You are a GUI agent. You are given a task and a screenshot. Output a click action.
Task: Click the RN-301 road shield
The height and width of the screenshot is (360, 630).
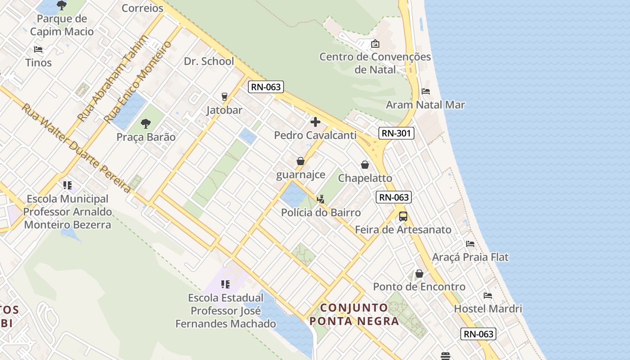click(396, 133)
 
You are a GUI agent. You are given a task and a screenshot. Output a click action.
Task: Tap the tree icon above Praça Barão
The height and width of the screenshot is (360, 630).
click(146, 123)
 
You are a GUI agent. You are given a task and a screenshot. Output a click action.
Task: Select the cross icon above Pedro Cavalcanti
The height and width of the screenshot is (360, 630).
click(315, 121)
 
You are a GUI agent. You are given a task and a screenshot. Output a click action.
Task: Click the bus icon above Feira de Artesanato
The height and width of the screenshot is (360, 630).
click(403, 216)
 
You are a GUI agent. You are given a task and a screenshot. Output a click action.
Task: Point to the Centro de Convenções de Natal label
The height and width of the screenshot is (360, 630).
click(375, 63)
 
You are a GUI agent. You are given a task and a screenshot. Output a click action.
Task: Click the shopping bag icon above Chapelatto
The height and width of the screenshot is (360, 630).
click(365, 165)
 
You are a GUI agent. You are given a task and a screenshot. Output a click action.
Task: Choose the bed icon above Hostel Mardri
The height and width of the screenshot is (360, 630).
click(488, 296)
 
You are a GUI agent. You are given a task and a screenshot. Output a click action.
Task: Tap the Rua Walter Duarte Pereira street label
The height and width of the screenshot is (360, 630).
click(76, 148)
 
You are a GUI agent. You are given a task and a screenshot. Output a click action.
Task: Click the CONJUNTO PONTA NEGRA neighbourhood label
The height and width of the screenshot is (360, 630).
click(354, 314)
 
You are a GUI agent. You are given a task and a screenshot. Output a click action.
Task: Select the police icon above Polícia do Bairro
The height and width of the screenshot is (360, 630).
click(321, 199)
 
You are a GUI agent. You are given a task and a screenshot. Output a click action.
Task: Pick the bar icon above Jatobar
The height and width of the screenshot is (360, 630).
click(224, 96)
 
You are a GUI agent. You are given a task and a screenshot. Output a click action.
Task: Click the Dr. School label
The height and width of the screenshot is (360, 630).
click(209, 61)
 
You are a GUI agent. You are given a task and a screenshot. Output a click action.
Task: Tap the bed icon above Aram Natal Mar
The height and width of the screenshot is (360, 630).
click(426, 91)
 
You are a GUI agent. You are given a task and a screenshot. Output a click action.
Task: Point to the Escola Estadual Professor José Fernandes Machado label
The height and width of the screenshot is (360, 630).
click(225, 310)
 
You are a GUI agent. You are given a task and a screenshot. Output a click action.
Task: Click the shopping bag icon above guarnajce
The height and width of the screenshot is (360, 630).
click(301, 161)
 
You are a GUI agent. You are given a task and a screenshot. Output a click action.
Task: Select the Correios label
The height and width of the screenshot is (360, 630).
click(143, 8)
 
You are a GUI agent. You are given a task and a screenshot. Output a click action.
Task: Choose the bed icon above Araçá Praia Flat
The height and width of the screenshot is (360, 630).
click(470, 244)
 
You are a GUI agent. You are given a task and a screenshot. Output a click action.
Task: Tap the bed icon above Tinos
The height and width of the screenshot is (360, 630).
click(38, 49)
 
